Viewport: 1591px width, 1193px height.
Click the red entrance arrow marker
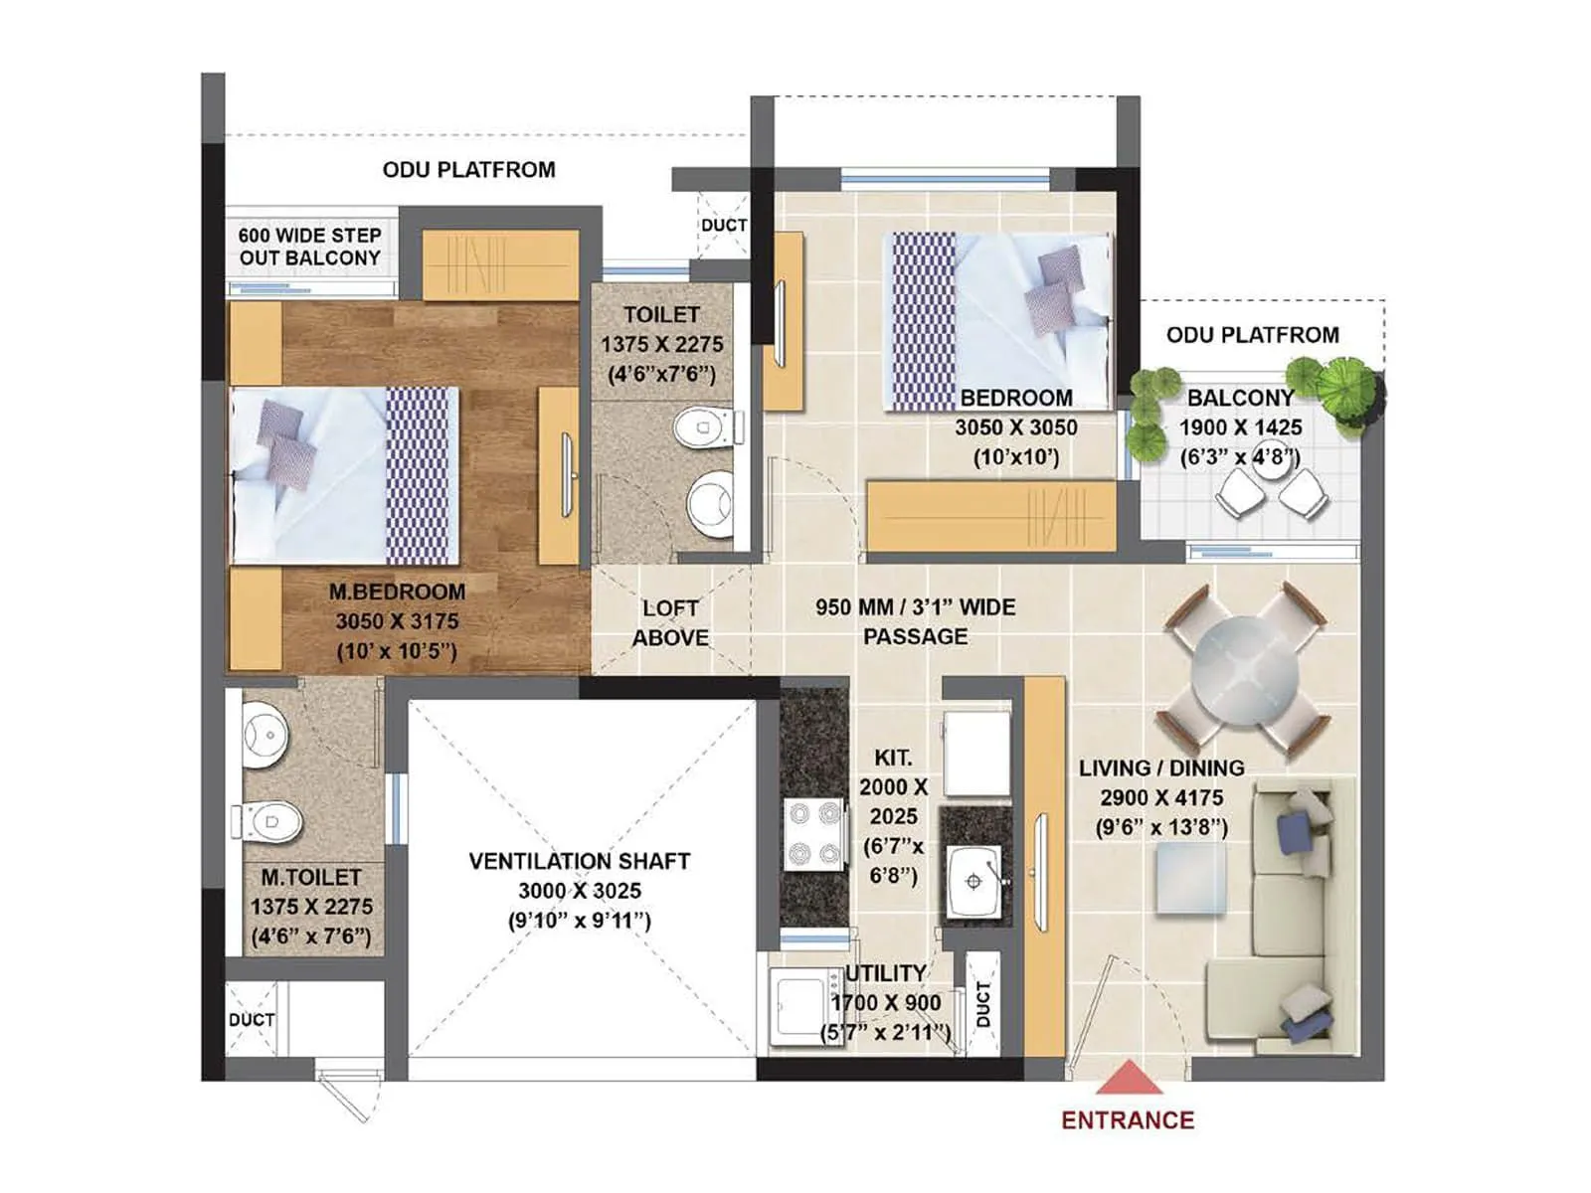pyautogui.click(x=1128, y=1078)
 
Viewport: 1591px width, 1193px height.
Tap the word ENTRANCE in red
pyautogui.click(x=1128, y=1120)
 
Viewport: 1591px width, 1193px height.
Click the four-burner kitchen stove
pyautogui.click(x=814, y=833)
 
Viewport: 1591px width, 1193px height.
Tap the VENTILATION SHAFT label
pyautogui.click(x=579, y=861)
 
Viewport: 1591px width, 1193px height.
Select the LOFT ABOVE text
pyautogui.click(x=670, y=622)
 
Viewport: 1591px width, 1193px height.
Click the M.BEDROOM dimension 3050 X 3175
pyautogui.click(x=397, y=621)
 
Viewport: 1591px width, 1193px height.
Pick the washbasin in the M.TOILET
pyautogui.click(x=265, y=735)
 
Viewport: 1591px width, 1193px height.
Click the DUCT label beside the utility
pyautogui.click(x=982, y=1004)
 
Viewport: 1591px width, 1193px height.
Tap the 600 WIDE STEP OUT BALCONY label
pyautogui.click(x=310, y=247)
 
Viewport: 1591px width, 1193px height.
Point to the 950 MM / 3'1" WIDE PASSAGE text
pyautogui.click(x=915, y=621)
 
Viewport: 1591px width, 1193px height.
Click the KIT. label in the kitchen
pyautogui.click(x=893, y=758)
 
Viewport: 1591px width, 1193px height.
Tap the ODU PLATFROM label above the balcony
pyautogui.click(x=1252, y=335)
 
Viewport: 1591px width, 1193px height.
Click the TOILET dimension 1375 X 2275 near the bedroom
pyautogui.click(x=661, y=344)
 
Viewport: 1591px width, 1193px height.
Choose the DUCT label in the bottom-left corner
pyautogui.click(x=251, y=1020)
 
